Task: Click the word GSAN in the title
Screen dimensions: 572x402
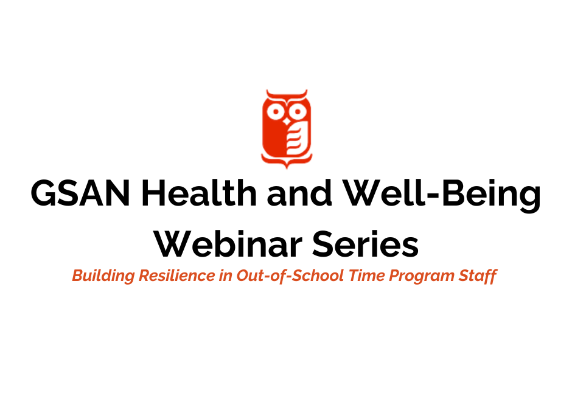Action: (x=80, y=193)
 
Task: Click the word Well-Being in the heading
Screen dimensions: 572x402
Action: (x=442, y=195)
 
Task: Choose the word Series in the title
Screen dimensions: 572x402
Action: (x=365, y=244)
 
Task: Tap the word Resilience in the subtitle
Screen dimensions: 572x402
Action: (x=177, y=275)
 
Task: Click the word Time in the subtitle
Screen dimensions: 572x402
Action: (x=366, y=275)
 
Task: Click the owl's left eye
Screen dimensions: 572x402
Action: (x=276, y=112)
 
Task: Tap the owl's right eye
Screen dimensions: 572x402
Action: (x=298, y=112)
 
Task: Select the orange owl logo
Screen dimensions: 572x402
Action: (x=287, y=129)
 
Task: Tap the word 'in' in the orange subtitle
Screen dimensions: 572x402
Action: (x=226, y=275)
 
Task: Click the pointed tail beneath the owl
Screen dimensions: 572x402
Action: (x=287, y=164)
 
